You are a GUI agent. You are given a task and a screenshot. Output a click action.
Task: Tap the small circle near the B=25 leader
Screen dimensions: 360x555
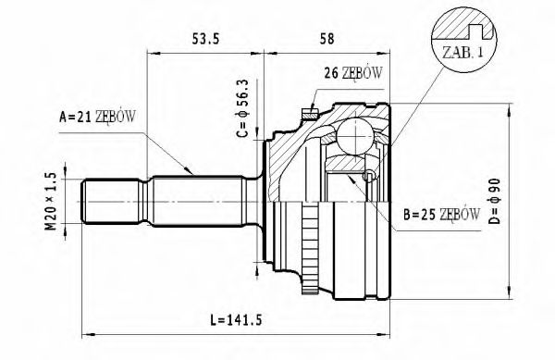pos(369,176)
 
